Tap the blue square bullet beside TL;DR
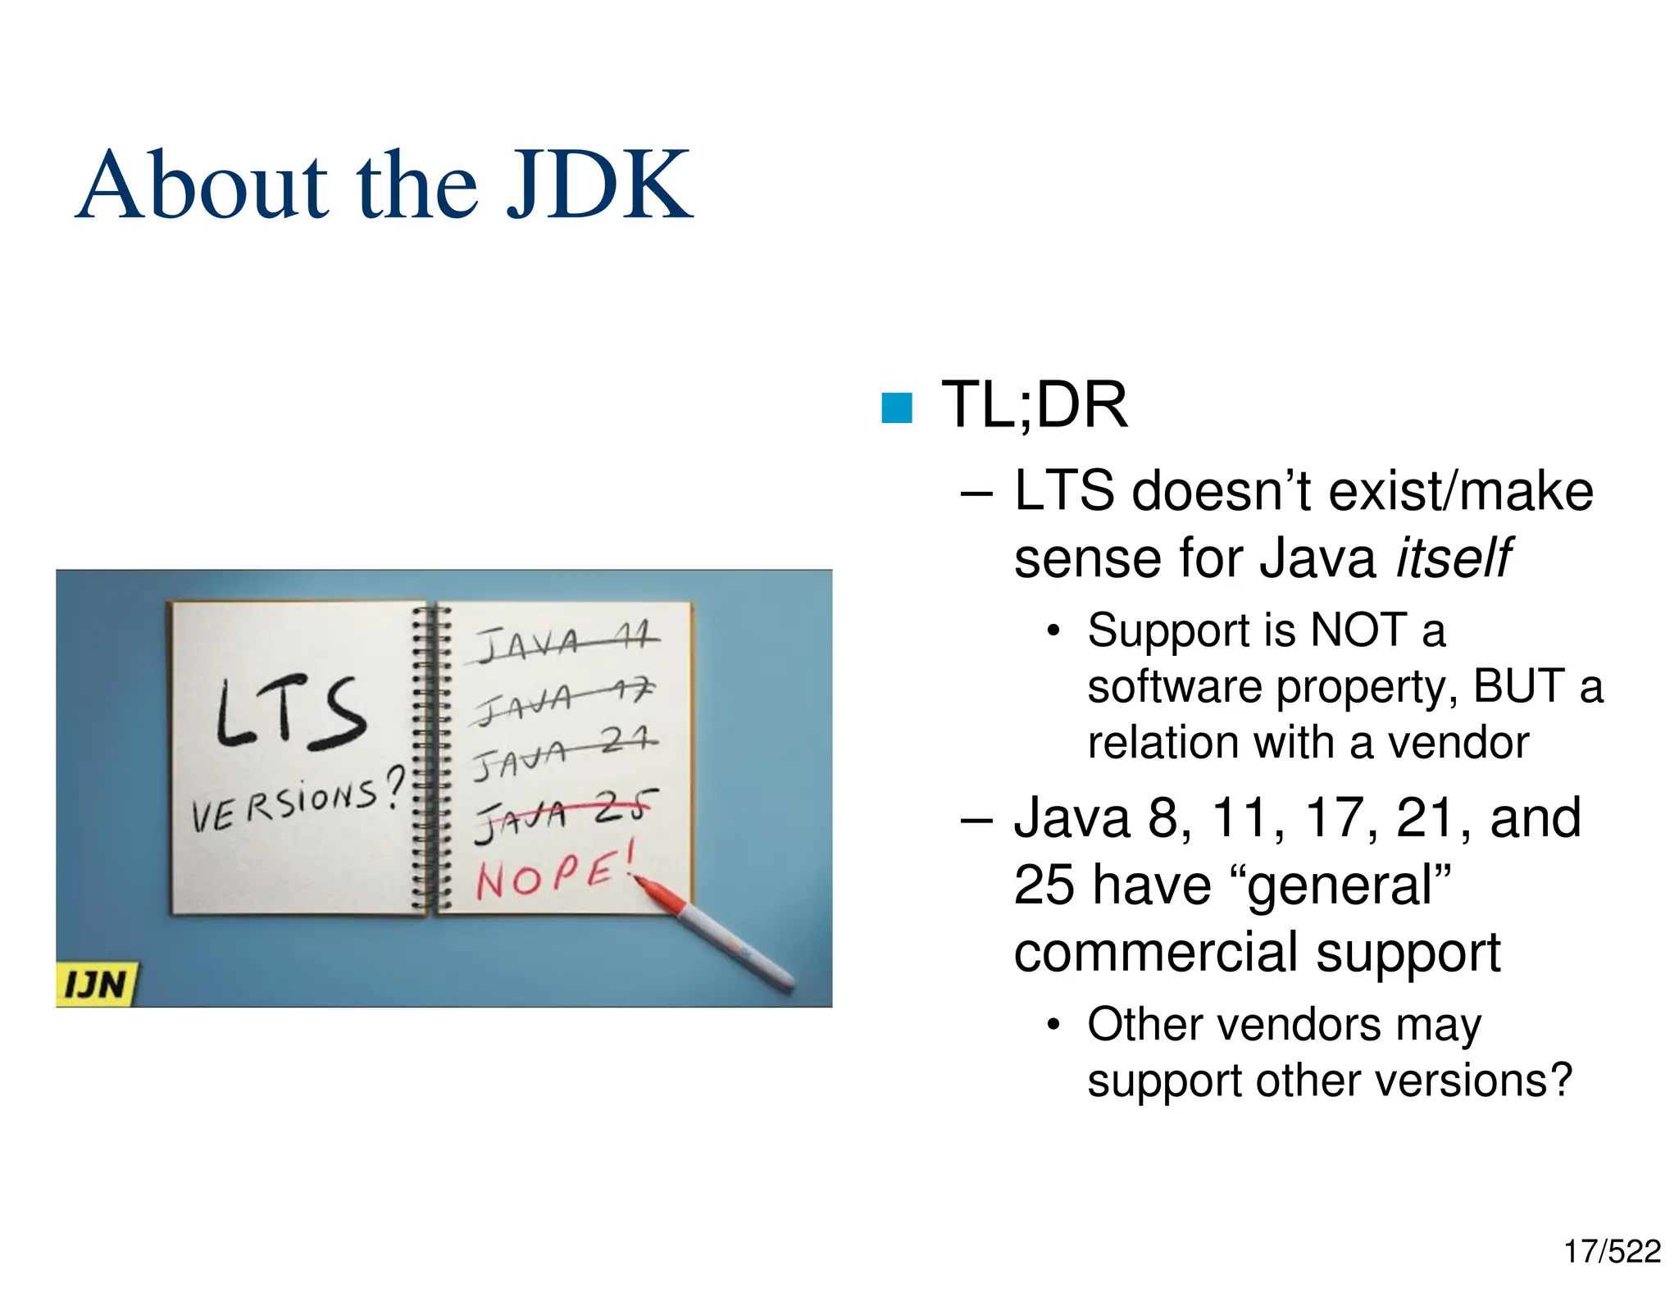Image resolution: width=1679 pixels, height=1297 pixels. pos(896,407)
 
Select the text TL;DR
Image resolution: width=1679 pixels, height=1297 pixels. pos(1034,405)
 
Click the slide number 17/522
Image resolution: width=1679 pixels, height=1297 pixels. pos(1612,1252)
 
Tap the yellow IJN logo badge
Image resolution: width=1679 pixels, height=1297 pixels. pos(96,983)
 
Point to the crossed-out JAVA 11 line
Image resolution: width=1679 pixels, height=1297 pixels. pos(566,643)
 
